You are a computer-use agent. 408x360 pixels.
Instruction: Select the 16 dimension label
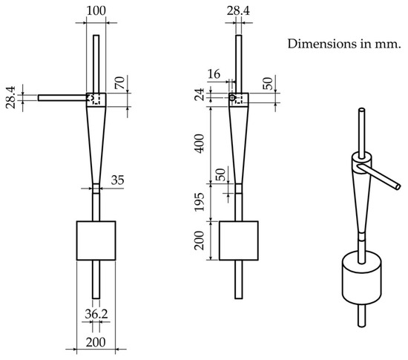[215, 76]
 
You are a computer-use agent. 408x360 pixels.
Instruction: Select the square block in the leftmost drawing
[96, 240]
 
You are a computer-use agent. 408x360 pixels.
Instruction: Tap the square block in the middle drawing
[239, 240]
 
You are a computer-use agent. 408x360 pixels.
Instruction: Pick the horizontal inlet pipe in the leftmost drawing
[62, 97]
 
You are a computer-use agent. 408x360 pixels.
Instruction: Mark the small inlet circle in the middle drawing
[232, 97]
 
